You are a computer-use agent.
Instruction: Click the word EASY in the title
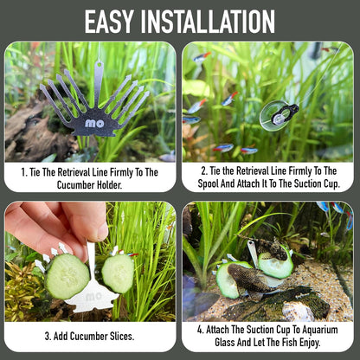pos(109,22)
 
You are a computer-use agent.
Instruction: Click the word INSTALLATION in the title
pos(208,22)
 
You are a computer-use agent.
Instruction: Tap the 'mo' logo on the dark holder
pos(94,124)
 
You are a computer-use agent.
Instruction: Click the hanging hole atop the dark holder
pos(100,65)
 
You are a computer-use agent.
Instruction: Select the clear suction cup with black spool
pos(278,115)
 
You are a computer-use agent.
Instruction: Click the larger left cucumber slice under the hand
pos(67,276)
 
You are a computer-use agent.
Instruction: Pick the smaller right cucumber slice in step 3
pos(118,273)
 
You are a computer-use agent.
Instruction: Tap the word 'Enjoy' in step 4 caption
pos(310,343)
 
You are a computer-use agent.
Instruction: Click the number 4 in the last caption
pos(200,330)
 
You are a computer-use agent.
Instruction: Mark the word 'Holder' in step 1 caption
pos(111,185)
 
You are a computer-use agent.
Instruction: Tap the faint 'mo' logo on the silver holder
pos(93,296)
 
